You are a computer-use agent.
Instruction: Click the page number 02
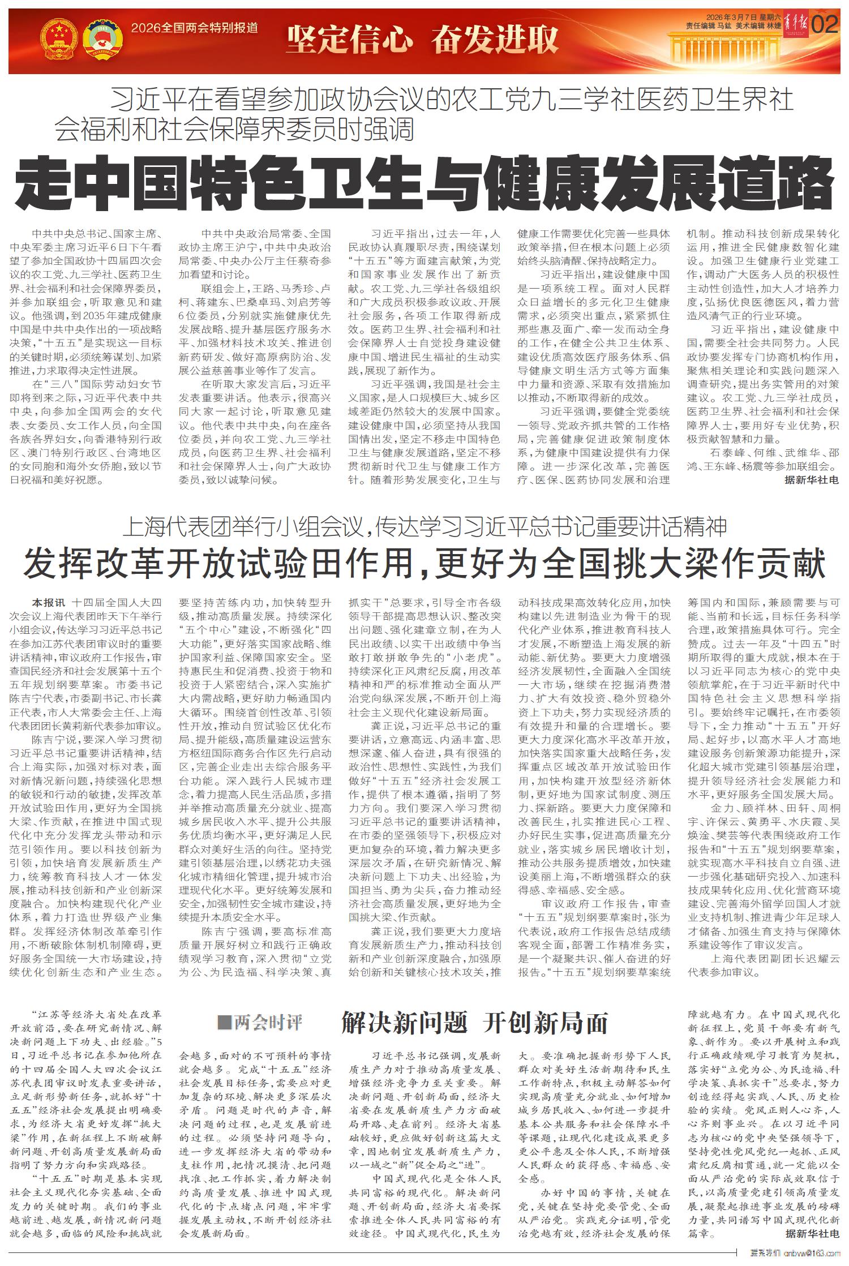pos(825,25)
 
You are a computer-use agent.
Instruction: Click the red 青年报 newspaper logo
pos(796,25)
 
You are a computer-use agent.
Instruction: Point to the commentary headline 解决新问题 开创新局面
pos(474,1022)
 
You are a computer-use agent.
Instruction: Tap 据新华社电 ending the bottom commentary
pos(812,1233)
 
